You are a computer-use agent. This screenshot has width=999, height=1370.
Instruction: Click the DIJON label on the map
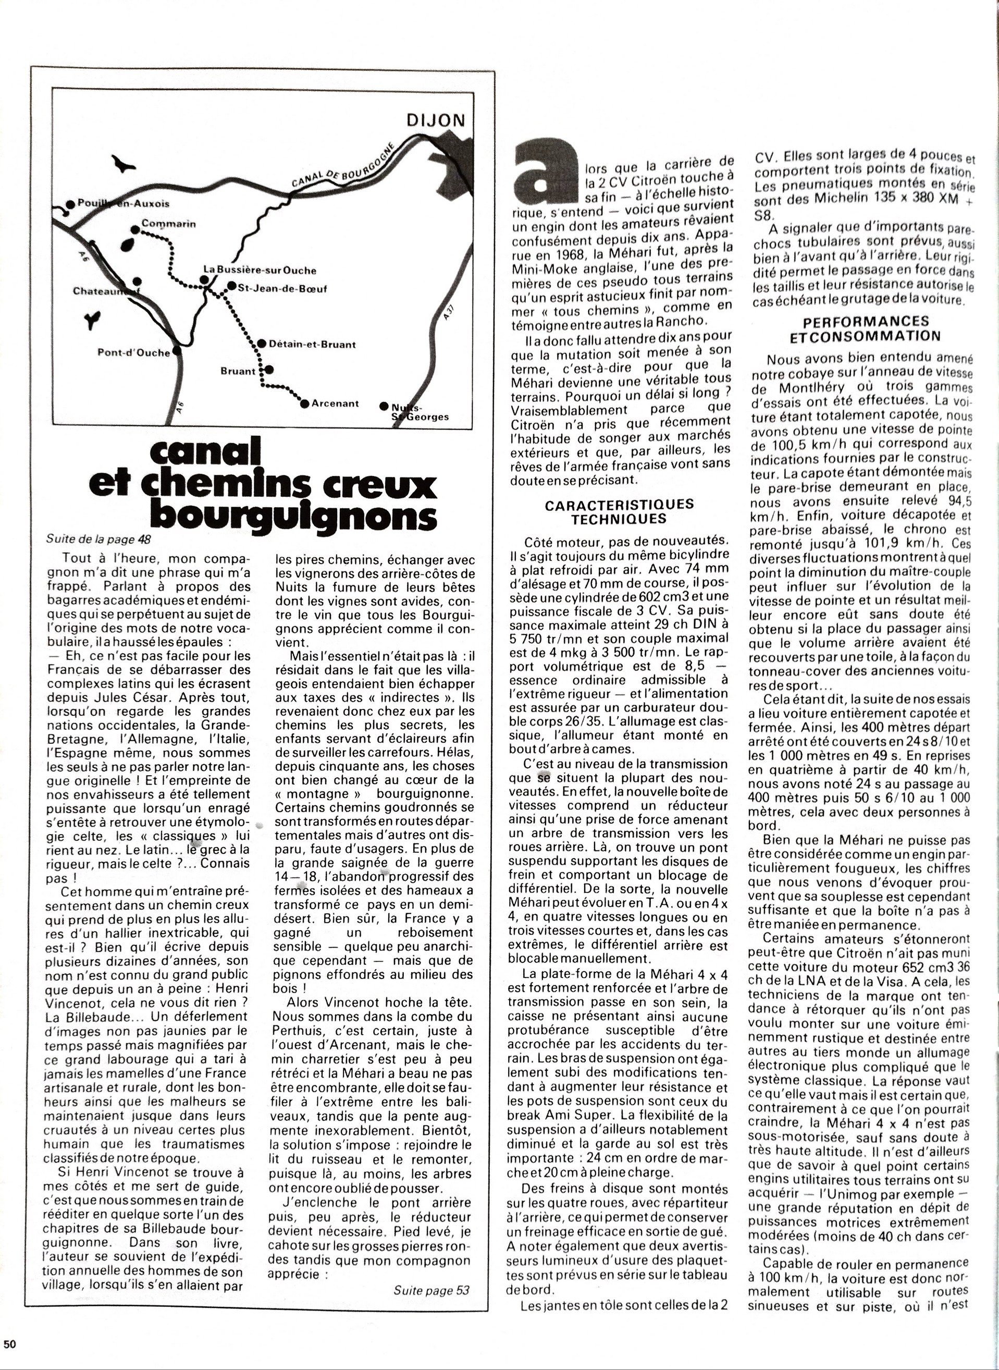(x=435, y=120)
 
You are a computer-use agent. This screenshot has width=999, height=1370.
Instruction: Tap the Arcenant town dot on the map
(x=304, y=403)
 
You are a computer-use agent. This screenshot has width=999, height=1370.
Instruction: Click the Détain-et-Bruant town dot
(x=261, y=344)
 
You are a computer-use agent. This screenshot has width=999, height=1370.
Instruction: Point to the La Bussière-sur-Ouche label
(x=260, y=271)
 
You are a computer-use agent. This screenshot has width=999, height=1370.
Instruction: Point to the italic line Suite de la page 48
(x=98, y=539)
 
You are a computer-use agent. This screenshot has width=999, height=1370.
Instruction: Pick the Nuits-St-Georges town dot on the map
(x=384, y=406)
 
